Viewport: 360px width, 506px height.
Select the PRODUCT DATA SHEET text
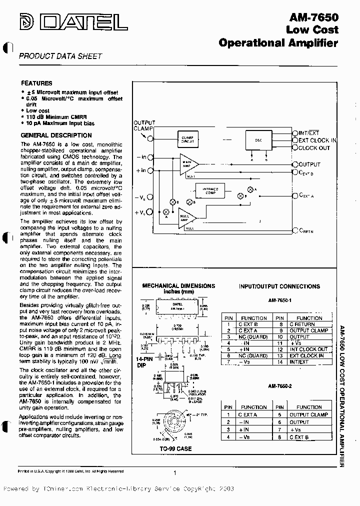click(60, 56)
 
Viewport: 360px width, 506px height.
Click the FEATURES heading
click(36, 83)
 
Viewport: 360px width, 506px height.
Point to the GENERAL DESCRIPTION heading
click(56, 135)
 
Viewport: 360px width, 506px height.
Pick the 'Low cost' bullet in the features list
click(37, 110)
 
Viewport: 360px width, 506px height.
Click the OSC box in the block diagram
click(258, 140)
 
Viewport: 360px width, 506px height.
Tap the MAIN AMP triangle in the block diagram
click(187, 163)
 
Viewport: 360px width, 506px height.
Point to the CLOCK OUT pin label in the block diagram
click(314, 148)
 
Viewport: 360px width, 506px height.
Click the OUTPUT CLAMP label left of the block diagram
click(144, 125)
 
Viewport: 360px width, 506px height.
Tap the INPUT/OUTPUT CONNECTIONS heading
click(279, 286)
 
